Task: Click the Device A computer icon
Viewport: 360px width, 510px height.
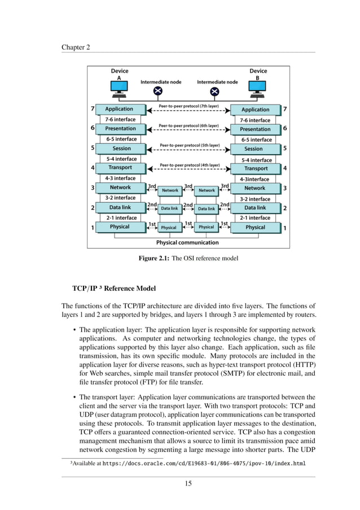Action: point(119,88)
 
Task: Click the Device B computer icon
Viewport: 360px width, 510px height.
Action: point(257,88)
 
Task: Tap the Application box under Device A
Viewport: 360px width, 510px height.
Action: point(119,109)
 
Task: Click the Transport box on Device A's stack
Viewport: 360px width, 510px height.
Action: point(120,168)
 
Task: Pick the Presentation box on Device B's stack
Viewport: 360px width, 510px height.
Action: point(255,129)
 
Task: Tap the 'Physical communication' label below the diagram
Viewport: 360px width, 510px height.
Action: point(187,243)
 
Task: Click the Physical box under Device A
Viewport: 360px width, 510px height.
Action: point(120,227)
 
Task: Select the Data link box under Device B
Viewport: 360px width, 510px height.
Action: point(255,208)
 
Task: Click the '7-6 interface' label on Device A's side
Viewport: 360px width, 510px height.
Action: point(121,120)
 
